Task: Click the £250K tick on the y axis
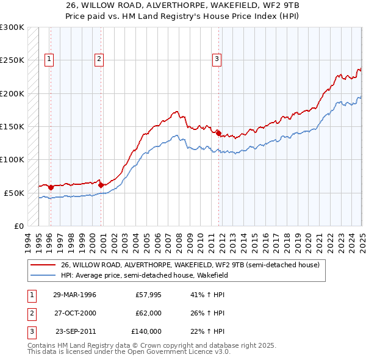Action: pyautogui.click(x=12, y=60)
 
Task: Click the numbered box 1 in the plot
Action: pyautogui.click(x=49, y=59)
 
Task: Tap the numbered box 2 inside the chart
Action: pyautogui.click(x=99, y=59)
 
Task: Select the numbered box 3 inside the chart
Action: pyautogui.click(x=217, y=59)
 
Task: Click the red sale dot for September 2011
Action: pyautogui.click(x=218, y=132)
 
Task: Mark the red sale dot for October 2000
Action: pyautogui.click(x=101, y=184)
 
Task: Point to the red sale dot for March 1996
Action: pyautogui.click(x=51, y=187)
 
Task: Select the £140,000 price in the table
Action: pyautogui.click(x=146, y=331)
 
